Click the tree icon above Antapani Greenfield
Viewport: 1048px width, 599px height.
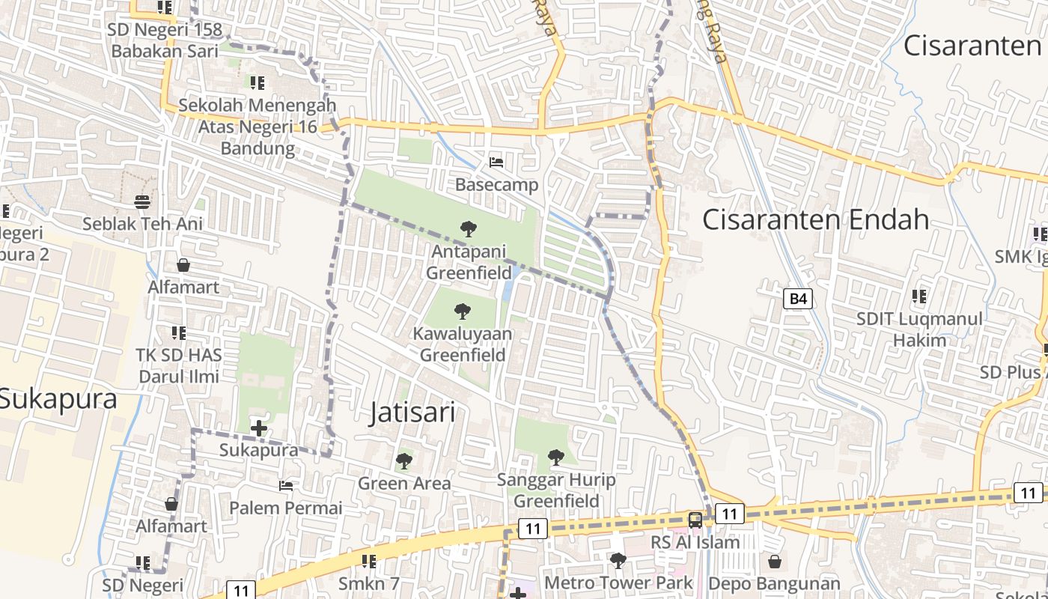pos(469,228)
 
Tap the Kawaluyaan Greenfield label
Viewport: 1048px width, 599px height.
pos(463,344)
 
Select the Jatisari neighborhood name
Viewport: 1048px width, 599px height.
pos(412,412)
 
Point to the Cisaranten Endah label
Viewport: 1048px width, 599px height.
pos(816,219)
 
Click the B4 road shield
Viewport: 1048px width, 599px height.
pos(799,299)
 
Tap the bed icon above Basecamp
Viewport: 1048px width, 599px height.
pos(496,162)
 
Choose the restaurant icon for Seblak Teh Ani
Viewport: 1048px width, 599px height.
pos(142,201)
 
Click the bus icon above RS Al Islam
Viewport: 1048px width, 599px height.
pos(695,520)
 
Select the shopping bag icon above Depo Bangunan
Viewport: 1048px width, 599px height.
pos(775,561)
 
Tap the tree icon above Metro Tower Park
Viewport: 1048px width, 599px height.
pos(618,560)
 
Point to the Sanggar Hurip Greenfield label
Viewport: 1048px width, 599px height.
pos(556,490)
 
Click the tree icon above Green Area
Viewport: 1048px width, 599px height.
pos(404,460)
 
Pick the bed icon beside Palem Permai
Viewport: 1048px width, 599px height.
pos(286,485)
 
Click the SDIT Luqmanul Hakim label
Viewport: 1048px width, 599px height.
pos(919,329)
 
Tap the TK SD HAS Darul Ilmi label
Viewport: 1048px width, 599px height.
pos(178,365)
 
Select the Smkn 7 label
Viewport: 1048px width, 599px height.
pos(369,583)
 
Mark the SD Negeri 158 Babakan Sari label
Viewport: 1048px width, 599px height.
pos(165,40)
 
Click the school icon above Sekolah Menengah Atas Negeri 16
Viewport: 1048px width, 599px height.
pos(258,82)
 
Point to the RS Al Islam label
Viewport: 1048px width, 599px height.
pos(695,542)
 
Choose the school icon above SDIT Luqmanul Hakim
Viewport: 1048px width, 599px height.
pos(919,297)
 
